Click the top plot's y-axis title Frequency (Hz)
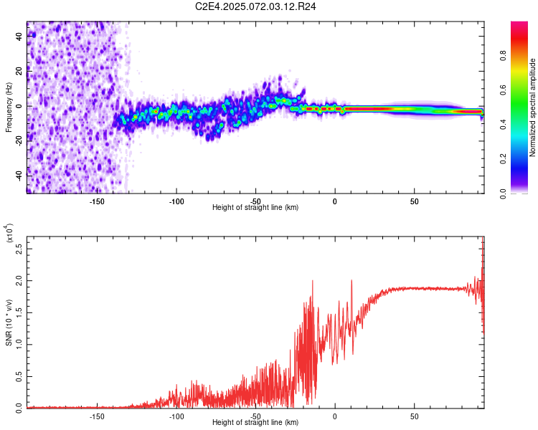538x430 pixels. [9, 107]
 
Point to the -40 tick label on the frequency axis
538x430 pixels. [19, 176]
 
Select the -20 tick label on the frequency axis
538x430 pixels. [19, 140]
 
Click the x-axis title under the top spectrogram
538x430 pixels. [255, 207]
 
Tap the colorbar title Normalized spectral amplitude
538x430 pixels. [532, 107]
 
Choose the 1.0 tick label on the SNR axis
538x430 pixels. [19, 345]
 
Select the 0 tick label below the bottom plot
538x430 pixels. [334, 415]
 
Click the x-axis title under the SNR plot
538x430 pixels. [255, 422]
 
